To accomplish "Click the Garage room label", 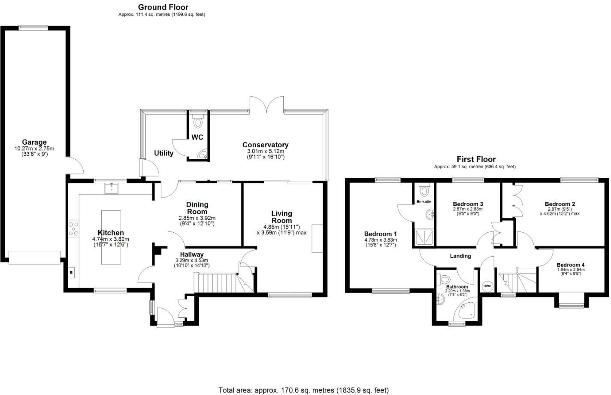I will tap(34, 142).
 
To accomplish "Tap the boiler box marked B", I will tap(71, 272).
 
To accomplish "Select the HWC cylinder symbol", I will tap(487, 286).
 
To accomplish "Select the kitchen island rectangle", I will tap(111, 237).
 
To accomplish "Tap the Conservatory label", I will tap(265, 145).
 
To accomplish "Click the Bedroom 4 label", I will tap(571, 265).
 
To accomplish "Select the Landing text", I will tap(460, 256).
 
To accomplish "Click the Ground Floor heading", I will tap(163, 7).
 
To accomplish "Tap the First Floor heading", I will tap(476, 159).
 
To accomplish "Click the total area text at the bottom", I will tap(303, 390).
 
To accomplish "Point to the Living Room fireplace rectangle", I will tap(317, 238).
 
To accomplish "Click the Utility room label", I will tap(163, 153).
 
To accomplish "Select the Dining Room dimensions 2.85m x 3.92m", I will tap(197, 218).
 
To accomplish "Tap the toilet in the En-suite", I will tap(425, 190).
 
